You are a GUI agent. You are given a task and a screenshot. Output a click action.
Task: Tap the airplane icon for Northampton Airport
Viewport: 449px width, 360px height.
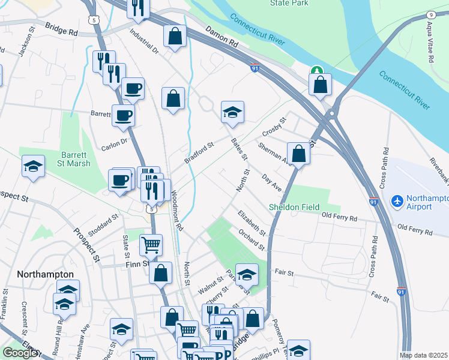coord(396,199)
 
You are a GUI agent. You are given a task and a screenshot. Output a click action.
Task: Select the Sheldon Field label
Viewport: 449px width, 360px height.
coord(294,207)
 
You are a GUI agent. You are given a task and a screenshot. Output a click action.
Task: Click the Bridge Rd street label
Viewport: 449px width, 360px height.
coord(60,29)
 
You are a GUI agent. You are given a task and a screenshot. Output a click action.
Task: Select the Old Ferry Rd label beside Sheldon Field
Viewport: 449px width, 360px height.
coord(339,215)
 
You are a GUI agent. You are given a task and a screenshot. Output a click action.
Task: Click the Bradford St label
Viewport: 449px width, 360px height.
coord(199,152)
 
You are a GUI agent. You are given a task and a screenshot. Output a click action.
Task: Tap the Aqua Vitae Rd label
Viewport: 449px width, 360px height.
coord(430,44)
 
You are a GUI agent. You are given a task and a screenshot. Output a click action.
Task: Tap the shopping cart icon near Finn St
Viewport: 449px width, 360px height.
coord(151,244)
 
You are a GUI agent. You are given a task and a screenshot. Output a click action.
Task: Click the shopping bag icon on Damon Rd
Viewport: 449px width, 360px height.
coord(174,35)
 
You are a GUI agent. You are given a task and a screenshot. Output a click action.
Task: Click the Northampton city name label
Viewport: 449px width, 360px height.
coord(46,274)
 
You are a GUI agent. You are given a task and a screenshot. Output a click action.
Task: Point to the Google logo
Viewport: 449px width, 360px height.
coord(20,353)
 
